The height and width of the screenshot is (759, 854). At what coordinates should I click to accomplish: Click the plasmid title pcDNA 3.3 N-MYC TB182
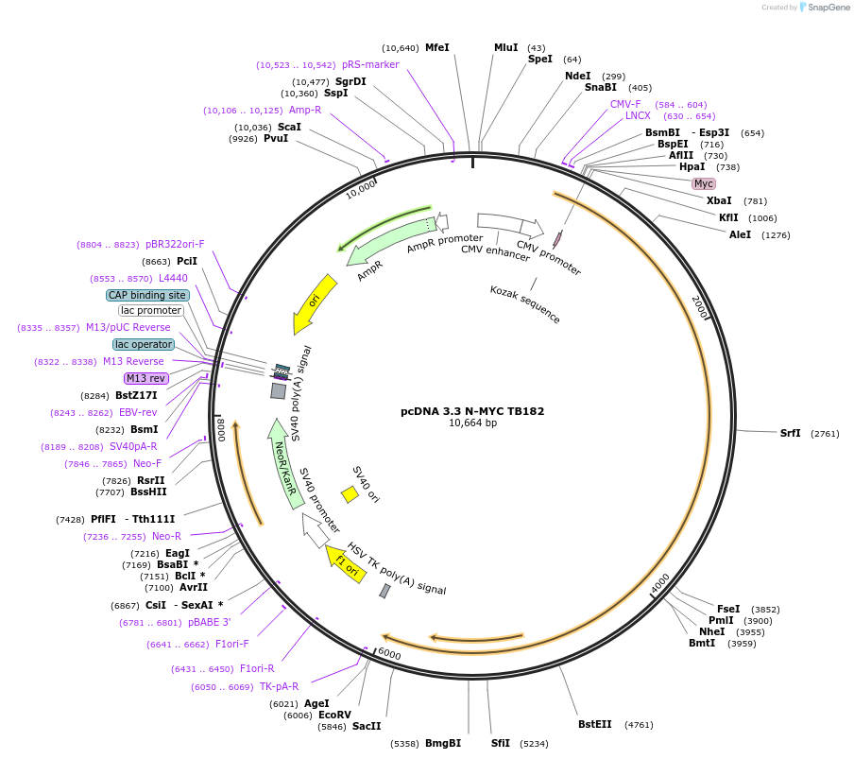point(472,411)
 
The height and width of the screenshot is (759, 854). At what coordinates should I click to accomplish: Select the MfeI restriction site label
point(436,47)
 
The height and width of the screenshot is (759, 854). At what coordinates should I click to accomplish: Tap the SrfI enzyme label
point(790,433)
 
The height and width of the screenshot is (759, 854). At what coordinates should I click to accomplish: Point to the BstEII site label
point(594,725)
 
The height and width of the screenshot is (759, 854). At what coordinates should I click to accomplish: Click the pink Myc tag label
point(703,183)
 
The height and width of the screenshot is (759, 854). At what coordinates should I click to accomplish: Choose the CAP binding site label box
point(147,295)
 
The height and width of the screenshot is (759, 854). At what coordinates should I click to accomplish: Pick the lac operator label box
point(144,344)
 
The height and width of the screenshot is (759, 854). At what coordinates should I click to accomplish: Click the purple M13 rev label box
point(145,378)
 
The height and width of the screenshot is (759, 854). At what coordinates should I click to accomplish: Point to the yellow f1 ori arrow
point(346,563)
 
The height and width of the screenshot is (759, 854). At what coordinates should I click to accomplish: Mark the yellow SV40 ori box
point(350,493)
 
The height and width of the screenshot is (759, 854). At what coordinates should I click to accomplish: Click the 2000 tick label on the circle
point(699,306)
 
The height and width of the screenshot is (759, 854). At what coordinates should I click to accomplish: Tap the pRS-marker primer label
point(370,64)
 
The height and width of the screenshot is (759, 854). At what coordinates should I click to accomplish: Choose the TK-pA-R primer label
point(279,686)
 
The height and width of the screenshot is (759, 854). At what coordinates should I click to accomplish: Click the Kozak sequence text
point(525,304)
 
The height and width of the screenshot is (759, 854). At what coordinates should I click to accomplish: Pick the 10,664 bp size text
point(472,423)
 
